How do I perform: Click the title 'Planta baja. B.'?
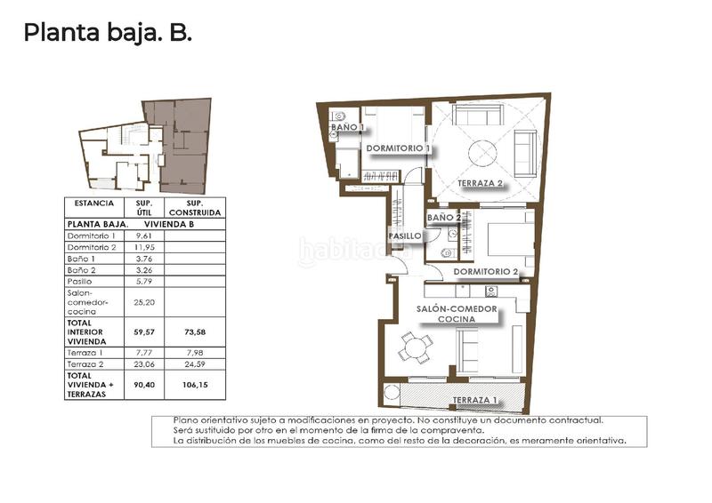(108, 33)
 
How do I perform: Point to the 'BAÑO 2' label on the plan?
(444, 218)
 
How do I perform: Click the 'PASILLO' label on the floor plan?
(404, 236)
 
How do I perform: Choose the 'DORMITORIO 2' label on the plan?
(485, 271)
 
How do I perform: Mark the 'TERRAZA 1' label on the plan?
(474, 401)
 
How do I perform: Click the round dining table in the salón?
(415, 347)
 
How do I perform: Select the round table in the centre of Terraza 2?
(486, 152)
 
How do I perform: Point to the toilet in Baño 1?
(338, 116)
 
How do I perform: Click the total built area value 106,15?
(196, 386)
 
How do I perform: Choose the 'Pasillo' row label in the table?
(80, 282)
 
